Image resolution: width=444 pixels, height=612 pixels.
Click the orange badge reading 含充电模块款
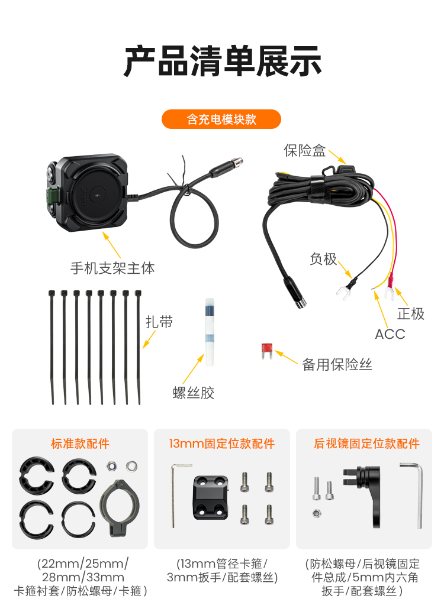click(221, 119)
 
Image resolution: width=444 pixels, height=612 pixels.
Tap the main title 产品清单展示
click(223, 61)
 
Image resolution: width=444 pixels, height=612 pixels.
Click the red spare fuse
click(267, 351)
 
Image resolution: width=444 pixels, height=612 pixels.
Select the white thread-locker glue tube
click(210, 332)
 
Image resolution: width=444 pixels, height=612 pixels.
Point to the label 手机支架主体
click(112, 268)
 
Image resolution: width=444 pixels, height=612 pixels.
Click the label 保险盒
click(305, 150)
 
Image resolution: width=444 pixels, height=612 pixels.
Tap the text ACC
click(390, 334)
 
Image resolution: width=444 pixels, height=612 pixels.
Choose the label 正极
click(411, 313)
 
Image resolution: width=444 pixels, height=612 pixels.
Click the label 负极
click(323, 259)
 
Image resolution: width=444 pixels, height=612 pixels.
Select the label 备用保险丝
click(337, 364)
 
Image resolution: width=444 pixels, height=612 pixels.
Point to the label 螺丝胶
click(194, 393)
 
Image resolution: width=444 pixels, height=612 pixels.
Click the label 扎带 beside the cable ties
click(159, 322)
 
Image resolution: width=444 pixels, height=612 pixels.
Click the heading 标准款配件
click(80, 443)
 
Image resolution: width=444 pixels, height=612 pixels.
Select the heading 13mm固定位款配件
click(222, 443)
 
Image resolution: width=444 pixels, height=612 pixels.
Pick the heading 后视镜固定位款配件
click(366, 443)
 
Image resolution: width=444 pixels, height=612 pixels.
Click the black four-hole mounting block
click(211, 497)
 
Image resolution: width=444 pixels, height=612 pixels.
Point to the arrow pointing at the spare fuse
click(287, 357)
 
